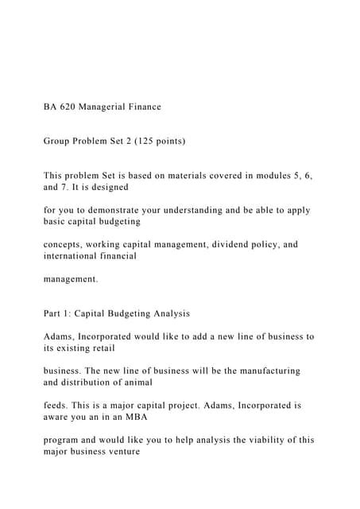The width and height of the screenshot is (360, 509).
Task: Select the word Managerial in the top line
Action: pyautogui.click(x=110, y=107)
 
